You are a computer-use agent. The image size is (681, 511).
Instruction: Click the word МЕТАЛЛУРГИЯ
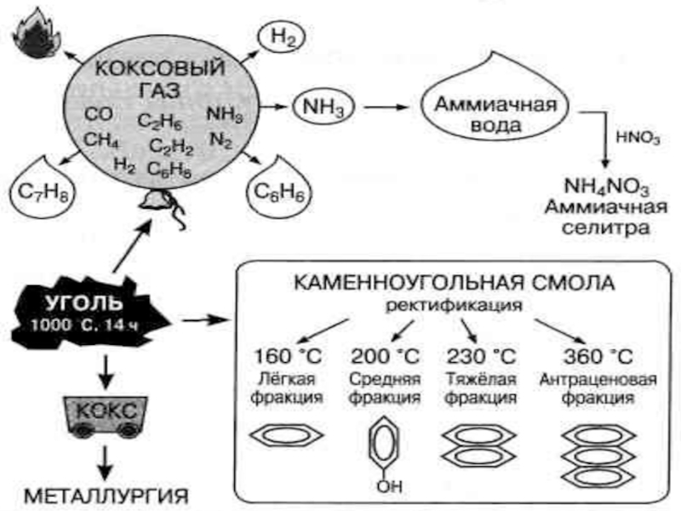[x=105, y=495]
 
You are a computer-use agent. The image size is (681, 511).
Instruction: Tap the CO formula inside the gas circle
[x=96, y=113]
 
